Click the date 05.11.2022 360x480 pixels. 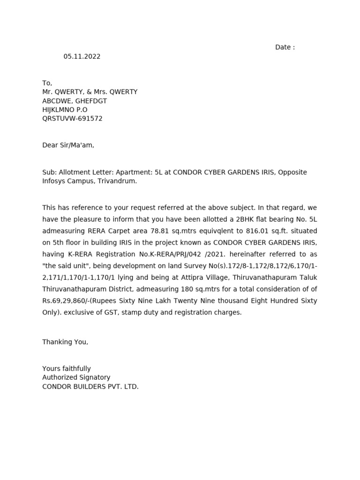point(82,57)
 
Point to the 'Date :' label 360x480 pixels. point(285,47)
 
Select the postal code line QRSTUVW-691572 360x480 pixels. point(72,119)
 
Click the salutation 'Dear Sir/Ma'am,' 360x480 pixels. point(68,145)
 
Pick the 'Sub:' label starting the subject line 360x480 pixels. point(49,172)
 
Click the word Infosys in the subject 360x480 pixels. point(55,181)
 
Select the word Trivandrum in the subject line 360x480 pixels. point(117,181)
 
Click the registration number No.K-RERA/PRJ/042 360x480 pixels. point(178,254)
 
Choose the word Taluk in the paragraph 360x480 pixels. point(307,277)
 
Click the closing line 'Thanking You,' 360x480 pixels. point(65,342)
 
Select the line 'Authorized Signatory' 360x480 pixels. point(76,378)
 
